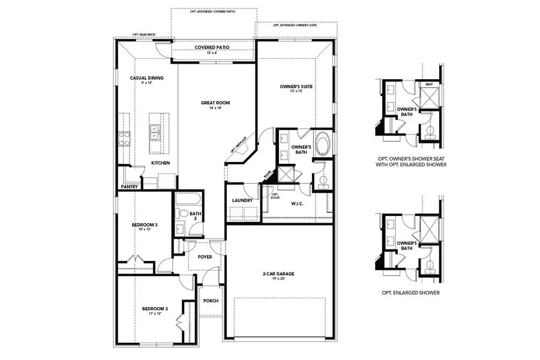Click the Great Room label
pyautogui.click(x=215, y=103)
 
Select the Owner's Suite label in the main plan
pyautogui.click(x=296, y=87)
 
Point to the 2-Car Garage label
pyautogui.click(x=278, y=274)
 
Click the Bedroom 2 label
pyautogui.click(x=155, y=309)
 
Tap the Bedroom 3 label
pyautogui.click(x=144, y=225)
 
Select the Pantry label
pyautogui.click(x=130, y=187)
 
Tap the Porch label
pyautogui.click(x=211, y=301)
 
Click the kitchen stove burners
pyautogui.click(x=125, y=139)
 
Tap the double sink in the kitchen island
pyautogui.click(x=155, y=131)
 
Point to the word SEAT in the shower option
pyautogui.click(x=429, y=85)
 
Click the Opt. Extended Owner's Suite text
pyautogui.click(x=295, y=26)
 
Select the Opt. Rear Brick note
pyautogui.click(x=143, y=35)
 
